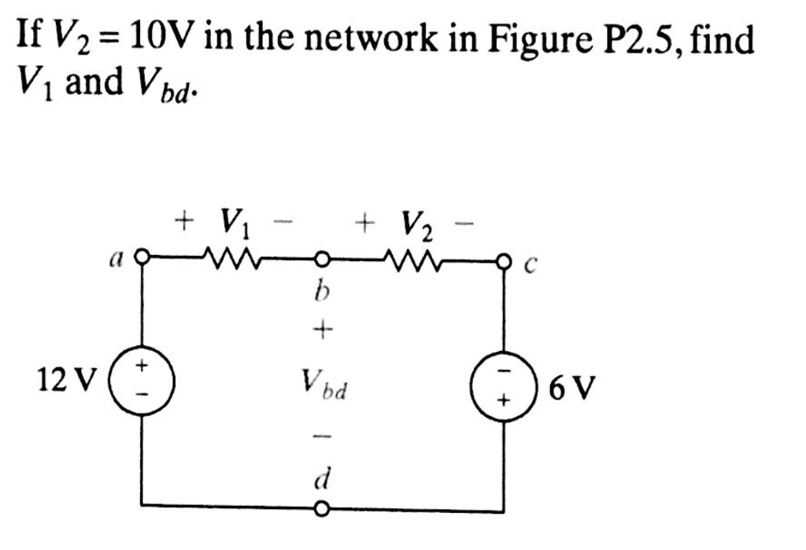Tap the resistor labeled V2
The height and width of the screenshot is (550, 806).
click(x=412, y=257)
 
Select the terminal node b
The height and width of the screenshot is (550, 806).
click(x=321, y=257)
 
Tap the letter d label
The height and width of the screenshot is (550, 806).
click(x=321, y=477)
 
